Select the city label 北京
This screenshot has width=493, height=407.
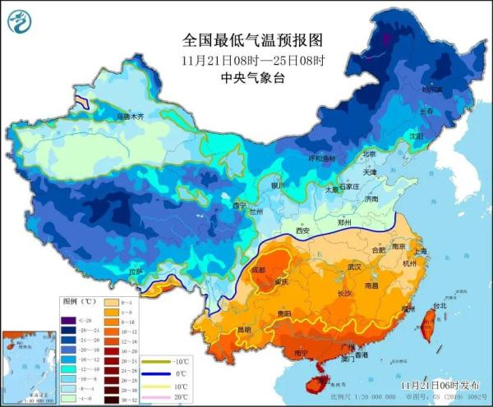tap(369, 153)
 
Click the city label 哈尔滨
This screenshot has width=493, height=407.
tap(431, 89)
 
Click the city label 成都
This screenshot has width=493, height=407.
tap(259, 269)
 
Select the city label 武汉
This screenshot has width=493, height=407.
tap(354, 268)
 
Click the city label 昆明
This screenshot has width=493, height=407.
tap(244, 330)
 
